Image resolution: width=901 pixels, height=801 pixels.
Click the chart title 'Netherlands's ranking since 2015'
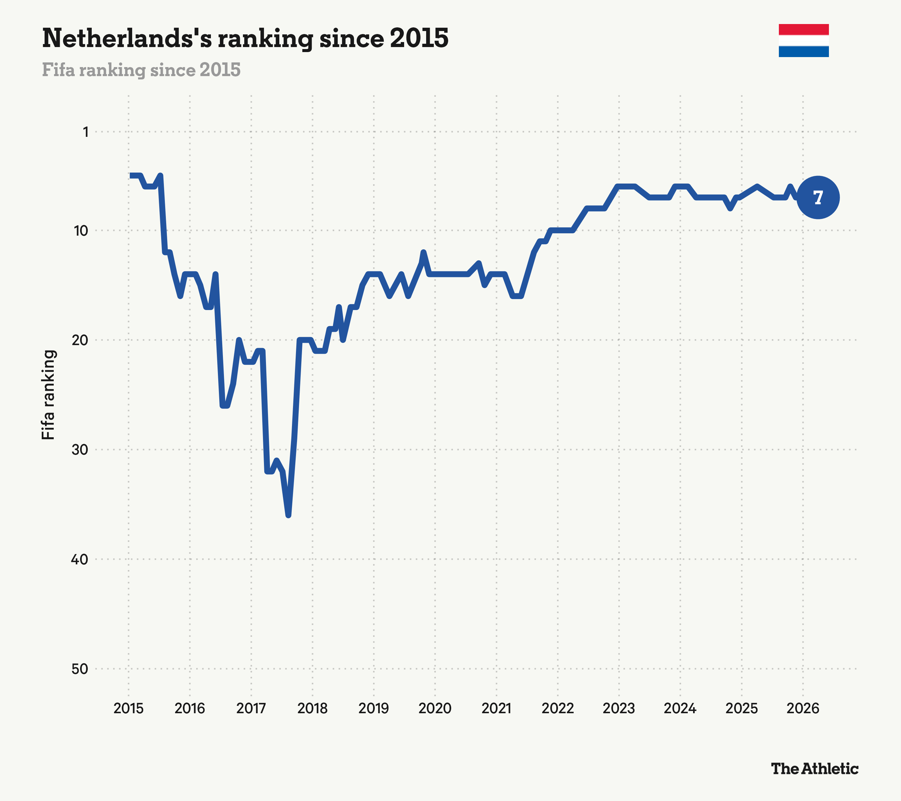[x=245, y=38]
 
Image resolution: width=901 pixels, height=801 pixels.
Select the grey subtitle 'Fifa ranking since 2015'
[x=141, y=70]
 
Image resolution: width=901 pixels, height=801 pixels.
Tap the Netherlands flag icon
[x=804, y=41]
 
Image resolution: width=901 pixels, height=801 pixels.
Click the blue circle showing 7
[x=818, y=197]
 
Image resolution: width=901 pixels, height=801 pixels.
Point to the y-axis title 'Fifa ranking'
[x=48, y=394]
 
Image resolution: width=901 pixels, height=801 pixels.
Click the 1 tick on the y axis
[x=85, y=132]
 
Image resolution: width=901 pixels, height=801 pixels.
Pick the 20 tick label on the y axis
[x=80, y=340]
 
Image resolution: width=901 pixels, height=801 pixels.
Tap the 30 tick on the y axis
[x=80, y=450]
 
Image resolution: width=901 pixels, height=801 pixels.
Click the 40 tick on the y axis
[x=80, y=559]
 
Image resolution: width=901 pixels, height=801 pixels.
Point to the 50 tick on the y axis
[x=80, y=669]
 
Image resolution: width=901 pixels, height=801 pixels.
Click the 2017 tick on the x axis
[x=251, y=709]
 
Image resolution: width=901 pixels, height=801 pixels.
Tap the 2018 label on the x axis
[x=313, y=709]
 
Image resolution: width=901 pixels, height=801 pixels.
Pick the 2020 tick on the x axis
[x=435, y=709]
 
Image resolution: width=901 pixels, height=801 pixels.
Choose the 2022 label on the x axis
[x=558, y=709]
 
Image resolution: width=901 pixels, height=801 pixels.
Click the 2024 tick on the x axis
[x=680, y=709]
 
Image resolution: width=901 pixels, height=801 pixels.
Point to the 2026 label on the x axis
[x=803, y=709]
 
